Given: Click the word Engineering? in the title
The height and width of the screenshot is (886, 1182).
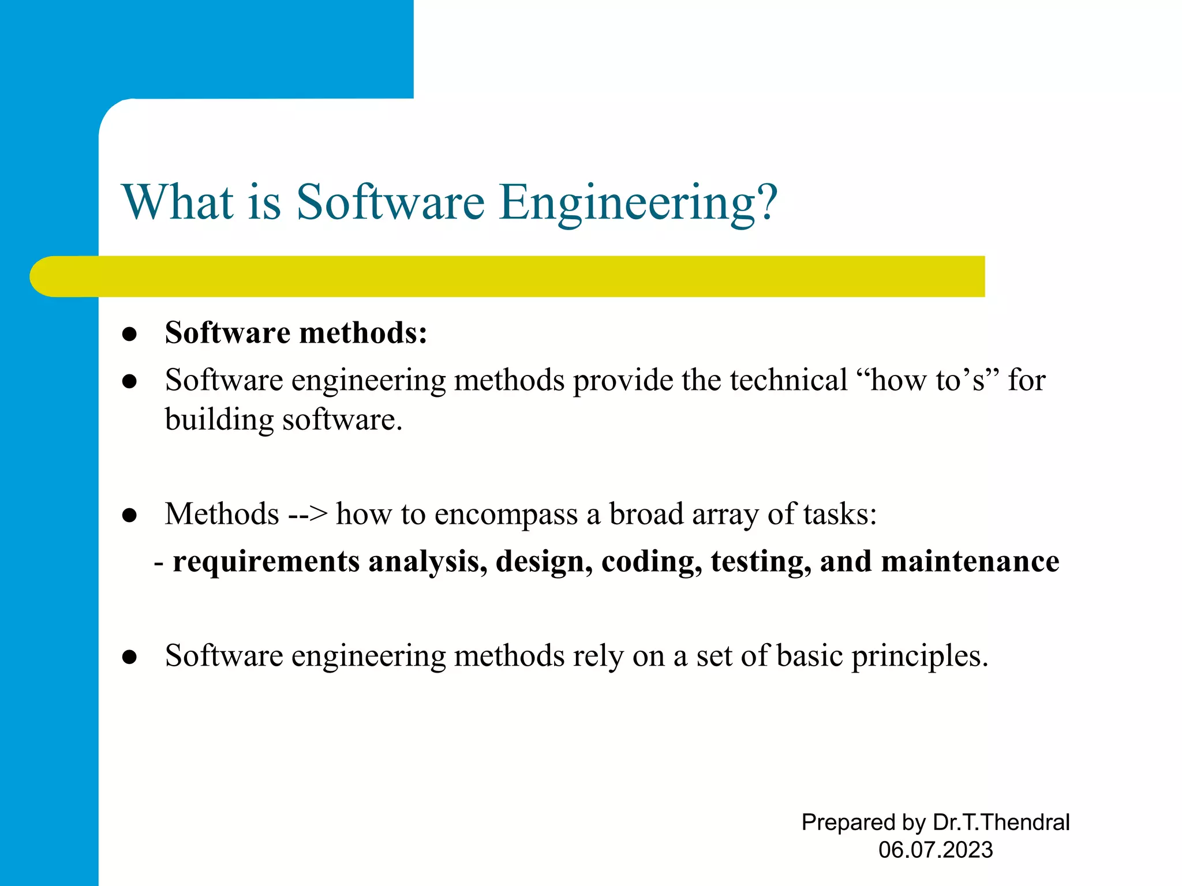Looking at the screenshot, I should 639,203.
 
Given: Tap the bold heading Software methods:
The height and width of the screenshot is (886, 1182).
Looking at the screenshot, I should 296,333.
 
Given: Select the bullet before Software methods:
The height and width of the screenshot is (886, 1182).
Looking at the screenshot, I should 130,334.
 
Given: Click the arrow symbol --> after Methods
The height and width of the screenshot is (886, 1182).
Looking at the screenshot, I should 308,514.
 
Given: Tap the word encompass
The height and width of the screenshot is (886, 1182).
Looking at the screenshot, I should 506,514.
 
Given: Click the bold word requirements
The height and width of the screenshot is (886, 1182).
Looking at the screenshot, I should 266,562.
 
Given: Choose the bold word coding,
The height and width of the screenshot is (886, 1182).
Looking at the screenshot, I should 652,562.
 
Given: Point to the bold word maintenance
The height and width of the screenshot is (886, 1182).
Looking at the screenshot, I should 970,562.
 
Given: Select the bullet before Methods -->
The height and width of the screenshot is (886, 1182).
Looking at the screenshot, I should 130,515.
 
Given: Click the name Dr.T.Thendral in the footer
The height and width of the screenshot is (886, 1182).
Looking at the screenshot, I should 1001,822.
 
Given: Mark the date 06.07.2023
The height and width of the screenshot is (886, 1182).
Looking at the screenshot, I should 936,850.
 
